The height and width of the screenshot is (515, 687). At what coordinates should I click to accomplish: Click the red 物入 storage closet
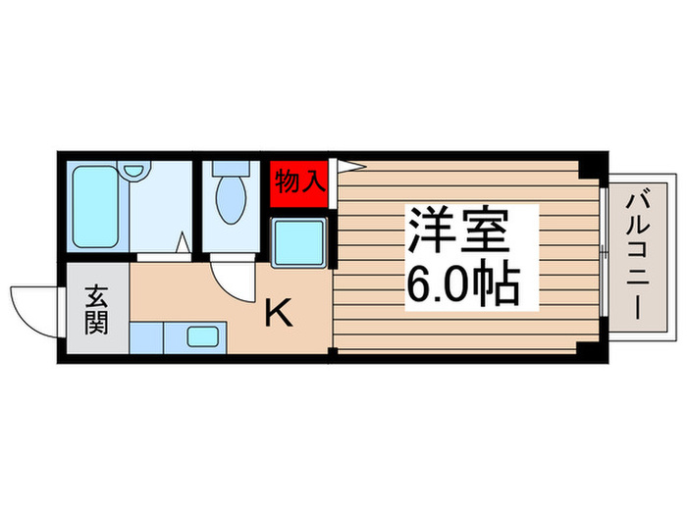(298, 180)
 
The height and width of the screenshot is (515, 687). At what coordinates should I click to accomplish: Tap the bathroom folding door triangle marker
(184, 241)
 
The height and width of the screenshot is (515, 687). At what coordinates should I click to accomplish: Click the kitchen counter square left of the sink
(145, 338)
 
